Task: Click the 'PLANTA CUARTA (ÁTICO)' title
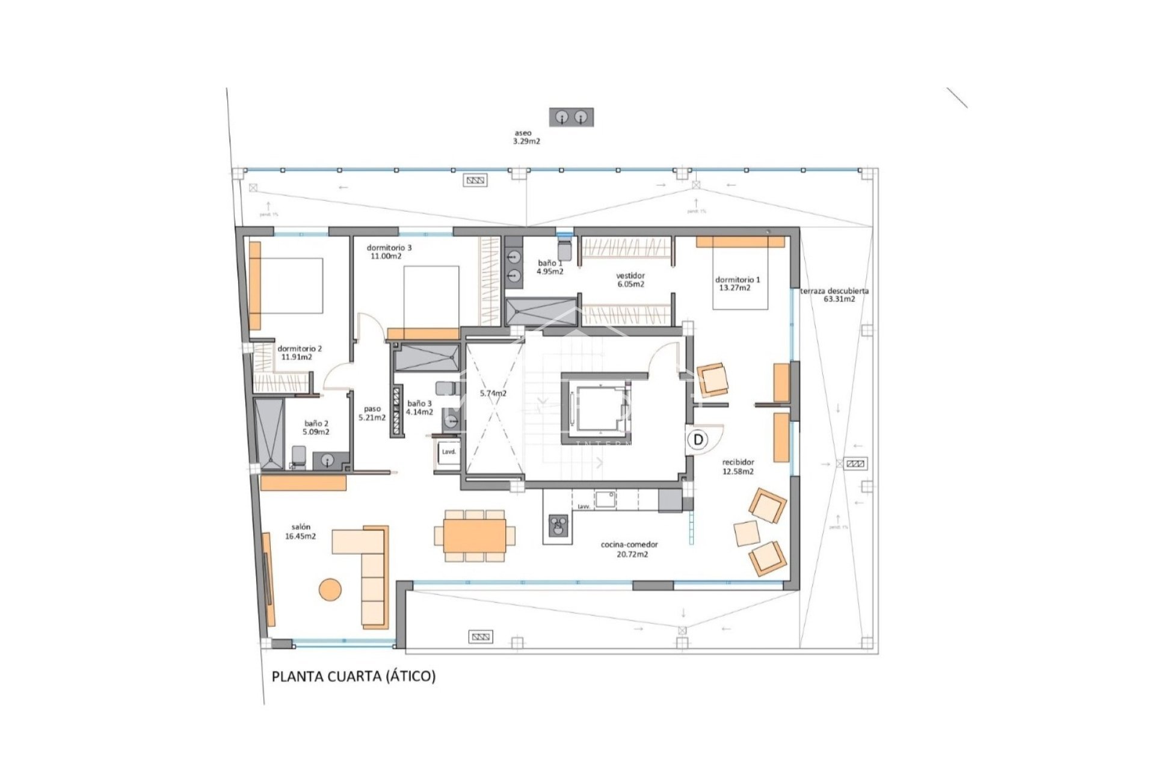tap(353, 676)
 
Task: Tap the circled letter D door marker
tap(698, 440)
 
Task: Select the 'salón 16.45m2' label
tap(300, 532)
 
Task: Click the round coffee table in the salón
tap(330, 589)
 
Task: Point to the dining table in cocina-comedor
tap(475, 535)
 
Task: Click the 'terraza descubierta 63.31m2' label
tap(834, 295)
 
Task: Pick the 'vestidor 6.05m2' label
tap(630, 280)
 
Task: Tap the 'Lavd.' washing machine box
tap(449, 452)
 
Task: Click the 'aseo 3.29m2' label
tap(526, 137)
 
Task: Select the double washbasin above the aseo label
tap(571, 117)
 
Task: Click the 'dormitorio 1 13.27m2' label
tap(738, 283)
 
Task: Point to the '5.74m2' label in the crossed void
tap(493, 393)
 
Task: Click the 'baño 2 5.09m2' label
tap(316, 428)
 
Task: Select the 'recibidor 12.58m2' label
tap(738, 467)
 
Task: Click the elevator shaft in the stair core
tap(596, 409)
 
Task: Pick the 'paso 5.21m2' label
tap(372, 413)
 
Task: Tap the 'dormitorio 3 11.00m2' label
tap(389, 251)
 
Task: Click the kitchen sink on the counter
tap(605, 499)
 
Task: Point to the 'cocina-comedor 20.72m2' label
tap(629, 549)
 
